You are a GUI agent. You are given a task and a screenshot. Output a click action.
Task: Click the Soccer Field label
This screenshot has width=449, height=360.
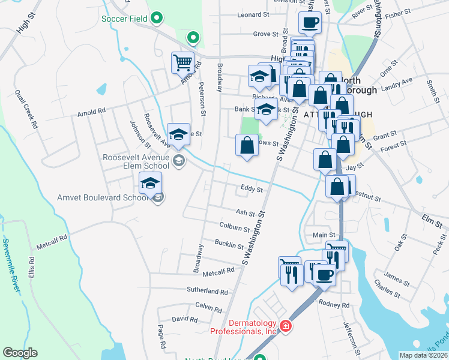124,19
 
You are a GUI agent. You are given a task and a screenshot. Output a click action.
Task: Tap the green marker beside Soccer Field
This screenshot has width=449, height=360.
156,19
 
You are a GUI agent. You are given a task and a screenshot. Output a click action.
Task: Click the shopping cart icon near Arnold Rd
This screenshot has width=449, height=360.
182,61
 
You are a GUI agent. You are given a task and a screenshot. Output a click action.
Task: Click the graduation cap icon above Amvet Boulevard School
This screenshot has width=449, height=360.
150,182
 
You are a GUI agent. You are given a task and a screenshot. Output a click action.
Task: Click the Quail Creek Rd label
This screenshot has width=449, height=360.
26,108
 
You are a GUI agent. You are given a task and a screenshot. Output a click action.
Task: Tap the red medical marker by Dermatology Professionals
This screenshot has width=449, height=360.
286,326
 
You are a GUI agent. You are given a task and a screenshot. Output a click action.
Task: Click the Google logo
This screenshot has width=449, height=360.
20,353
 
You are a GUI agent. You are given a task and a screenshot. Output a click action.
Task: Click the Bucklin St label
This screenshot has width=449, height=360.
229,244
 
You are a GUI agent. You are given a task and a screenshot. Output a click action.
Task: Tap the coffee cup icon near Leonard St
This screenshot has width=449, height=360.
310,23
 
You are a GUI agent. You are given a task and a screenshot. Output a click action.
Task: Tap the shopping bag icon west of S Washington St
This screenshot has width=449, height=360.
247,146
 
